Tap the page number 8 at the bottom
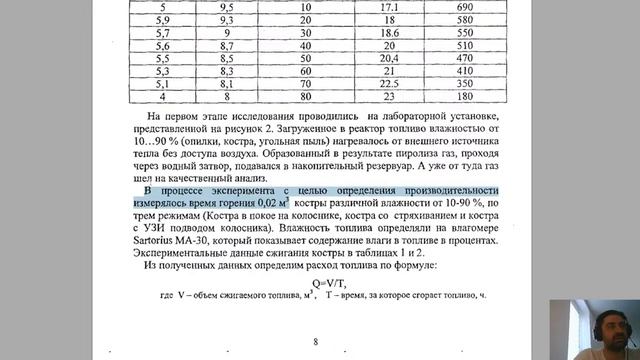pos(315,342)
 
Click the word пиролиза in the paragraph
pos(308,160)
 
